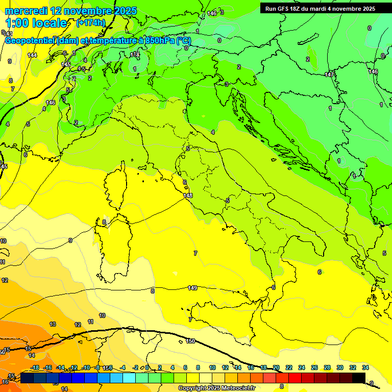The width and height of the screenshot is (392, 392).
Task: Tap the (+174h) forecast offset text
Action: (x=90, y=23)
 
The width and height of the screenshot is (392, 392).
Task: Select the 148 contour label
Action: (x=188, y=195)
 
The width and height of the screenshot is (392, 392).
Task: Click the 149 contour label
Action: (x=192, y=288)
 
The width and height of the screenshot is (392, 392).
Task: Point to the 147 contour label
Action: (x=330, y=75)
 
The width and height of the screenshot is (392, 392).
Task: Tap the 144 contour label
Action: (x=32, y=55)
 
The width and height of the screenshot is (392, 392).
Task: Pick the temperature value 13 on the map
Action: (x=52, y=324)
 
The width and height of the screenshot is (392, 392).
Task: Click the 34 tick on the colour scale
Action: (x=365, y=367)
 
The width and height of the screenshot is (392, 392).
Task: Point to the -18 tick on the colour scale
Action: (x=35, y=367)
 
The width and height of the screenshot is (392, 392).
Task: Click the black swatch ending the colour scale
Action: (x=359, y=377)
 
